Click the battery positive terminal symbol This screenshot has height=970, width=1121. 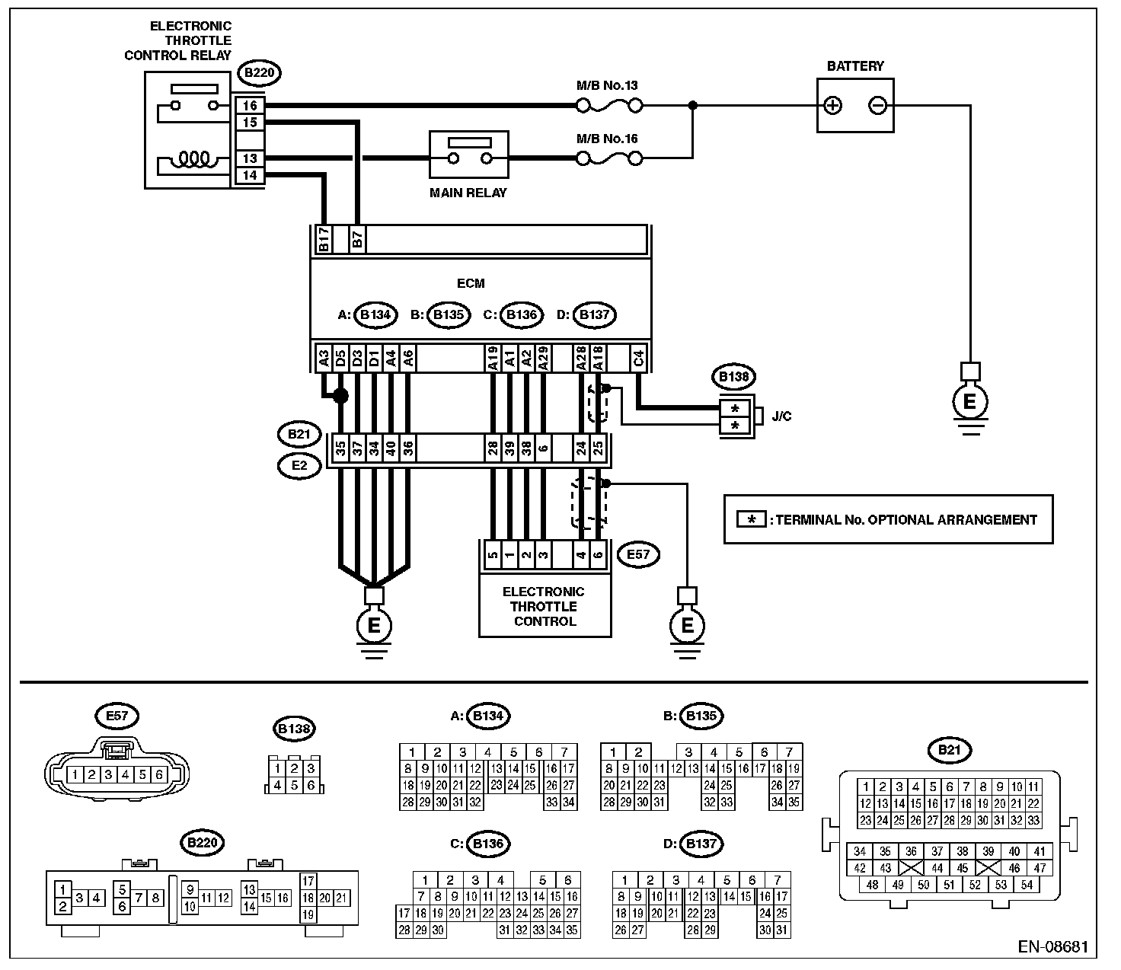(x=832, y=106)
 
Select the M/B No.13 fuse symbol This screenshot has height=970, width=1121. (x=609, y=106)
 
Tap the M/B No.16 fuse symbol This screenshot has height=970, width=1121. (x=609, y=159)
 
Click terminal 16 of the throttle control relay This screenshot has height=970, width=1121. (x=250, y=106)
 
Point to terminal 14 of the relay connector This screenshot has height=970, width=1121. (x=250, y=175)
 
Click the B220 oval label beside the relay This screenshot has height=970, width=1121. (x=260, y=72)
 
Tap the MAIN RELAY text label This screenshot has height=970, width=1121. (x=468, y=193)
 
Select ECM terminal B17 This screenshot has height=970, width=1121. (x=324, y=239)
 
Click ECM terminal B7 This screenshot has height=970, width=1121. (x=357, y=239)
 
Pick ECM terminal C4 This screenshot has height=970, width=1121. (x=638, y=359)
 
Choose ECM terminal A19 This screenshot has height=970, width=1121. (x=493, y=359)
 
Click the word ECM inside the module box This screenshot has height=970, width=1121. (x=471, y=283)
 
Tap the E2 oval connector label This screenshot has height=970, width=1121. (x=299, y=466)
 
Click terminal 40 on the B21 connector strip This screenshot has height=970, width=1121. (x=391, y=448)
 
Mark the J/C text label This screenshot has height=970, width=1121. (x=781, y=416)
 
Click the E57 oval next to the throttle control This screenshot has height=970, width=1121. (x=638, y=555)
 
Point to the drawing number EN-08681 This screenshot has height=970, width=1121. (x=1052, y=946)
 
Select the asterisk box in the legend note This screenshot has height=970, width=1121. (x=751, y=519)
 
